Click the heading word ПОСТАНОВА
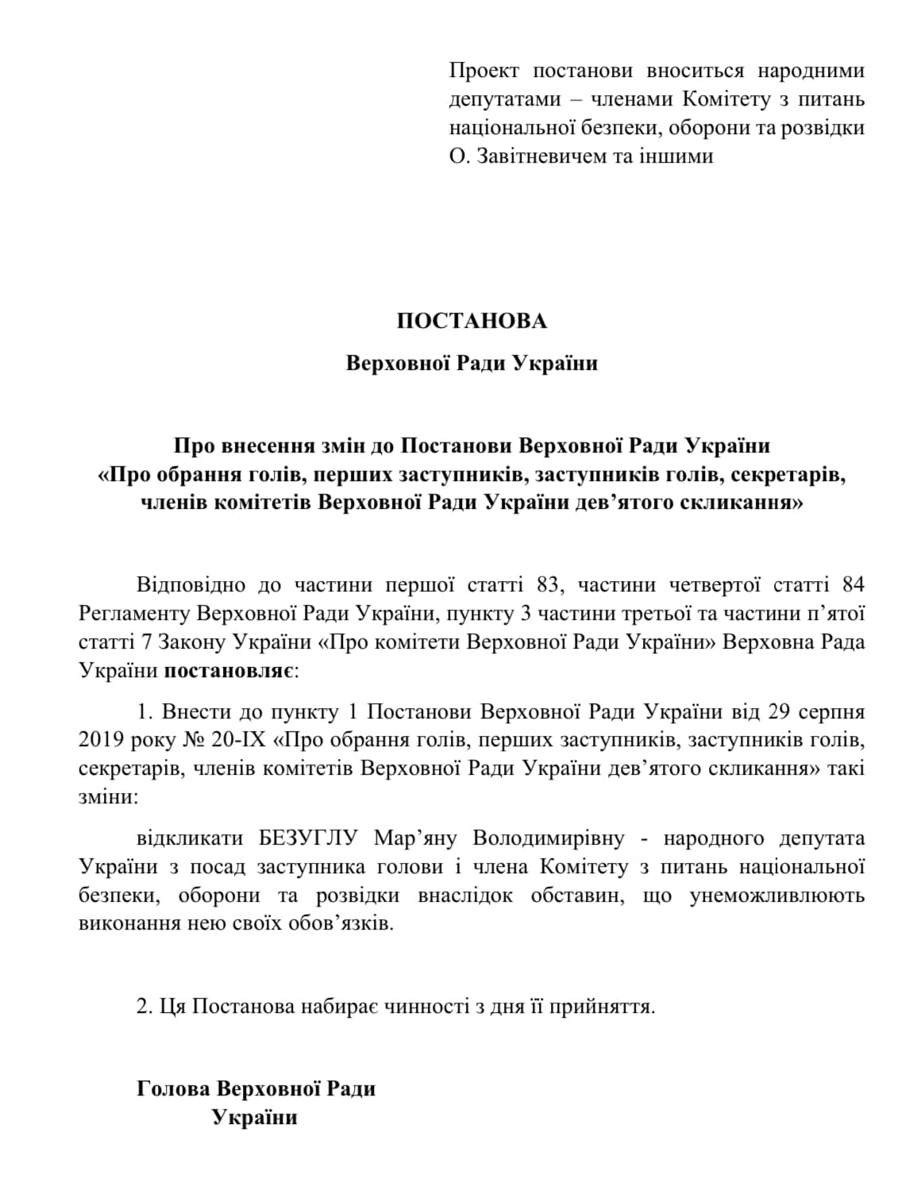(x=472, y=321)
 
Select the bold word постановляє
(x=229, y=671)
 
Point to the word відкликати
(x=188, y=838)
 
